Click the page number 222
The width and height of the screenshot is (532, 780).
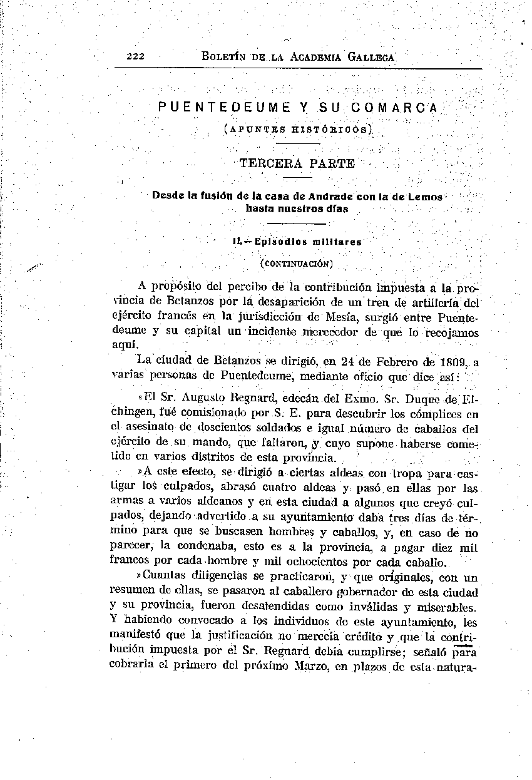point(135,56)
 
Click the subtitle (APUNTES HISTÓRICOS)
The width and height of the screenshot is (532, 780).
point(298,129)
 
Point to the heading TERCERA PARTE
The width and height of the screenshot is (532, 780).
point(297,164)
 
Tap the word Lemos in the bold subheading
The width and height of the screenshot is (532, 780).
point(425,197)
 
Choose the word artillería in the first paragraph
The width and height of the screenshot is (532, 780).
point(434,304)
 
